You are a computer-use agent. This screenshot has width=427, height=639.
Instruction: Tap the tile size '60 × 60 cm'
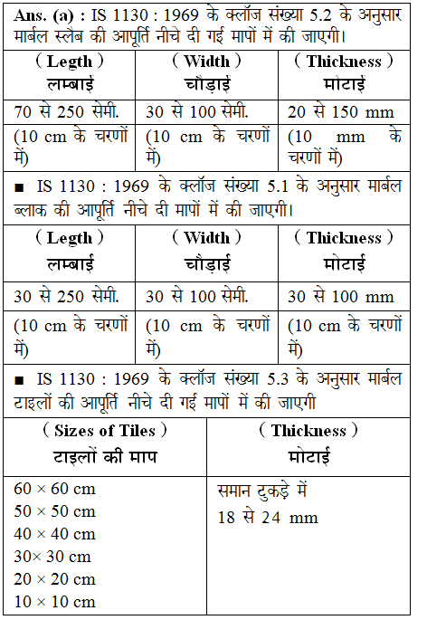coord(55,490)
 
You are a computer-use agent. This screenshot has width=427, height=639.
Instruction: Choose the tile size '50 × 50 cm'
coord(55,512)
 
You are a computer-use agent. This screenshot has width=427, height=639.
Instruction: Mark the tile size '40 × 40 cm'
coord(55,535)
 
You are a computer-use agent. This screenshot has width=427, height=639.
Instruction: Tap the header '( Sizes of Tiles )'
coord(105,430)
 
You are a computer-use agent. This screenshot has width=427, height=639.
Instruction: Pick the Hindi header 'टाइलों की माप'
coord(105,455)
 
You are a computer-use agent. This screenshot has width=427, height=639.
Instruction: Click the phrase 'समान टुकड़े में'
coord(262,492)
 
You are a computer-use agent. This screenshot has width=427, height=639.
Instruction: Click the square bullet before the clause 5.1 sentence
coord(19,187)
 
